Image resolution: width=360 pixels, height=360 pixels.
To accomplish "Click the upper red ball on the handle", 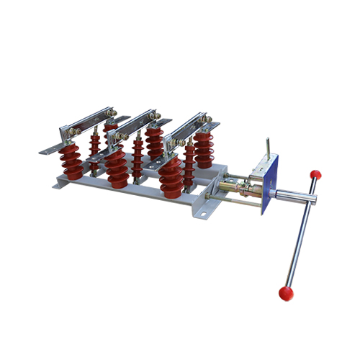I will (315, 174).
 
